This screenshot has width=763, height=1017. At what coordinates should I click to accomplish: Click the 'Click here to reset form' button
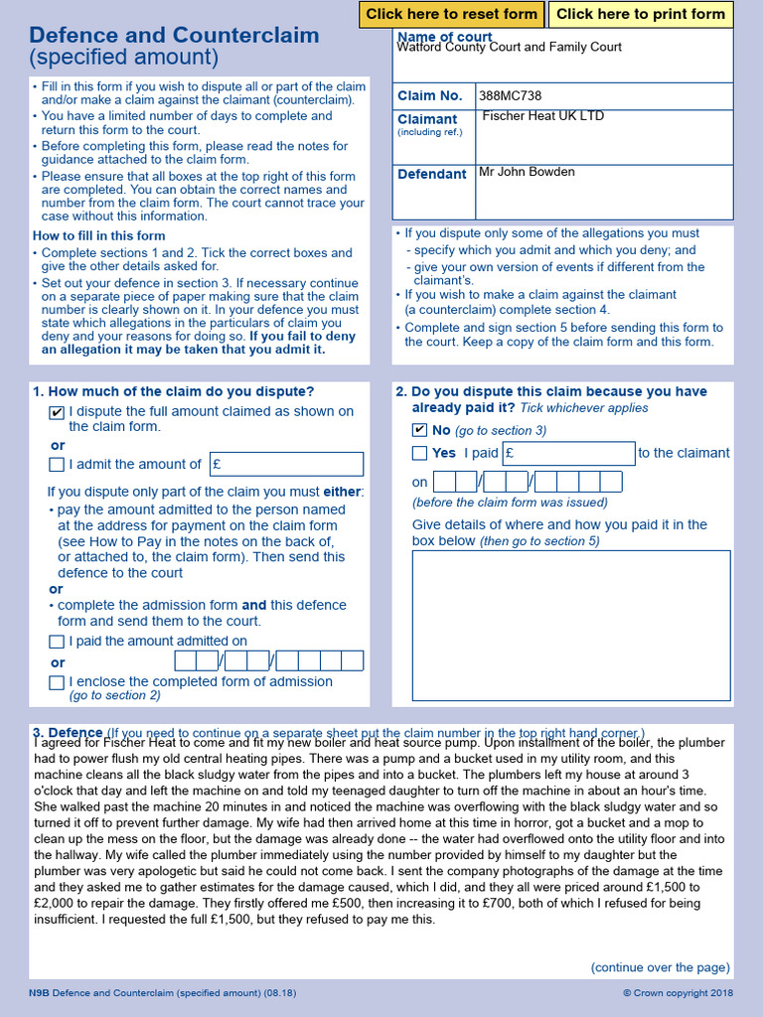pos(451,14)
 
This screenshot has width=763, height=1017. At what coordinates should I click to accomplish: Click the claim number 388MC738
pos(510,96)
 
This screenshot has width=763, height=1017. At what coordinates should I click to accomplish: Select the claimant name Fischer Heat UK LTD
pos(542,116)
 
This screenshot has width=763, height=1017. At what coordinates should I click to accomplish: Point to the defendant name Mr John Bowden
pos(527,172)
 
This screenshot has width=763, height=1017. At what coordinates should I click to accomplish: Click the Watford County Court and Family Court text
pos(509,47)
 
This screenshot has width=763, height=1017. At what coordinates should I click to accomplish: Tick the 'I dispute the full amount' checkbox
pos(57,412)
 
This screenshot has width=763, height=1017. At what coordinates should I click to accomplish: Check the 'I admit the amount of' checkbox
pos(57,465)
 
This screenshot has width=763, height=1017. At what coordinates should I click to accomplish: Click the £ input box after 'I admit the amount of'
pos(286,464)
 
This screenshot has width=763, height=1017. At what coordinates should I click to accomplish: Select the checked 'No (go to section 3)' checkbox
pos(419,431)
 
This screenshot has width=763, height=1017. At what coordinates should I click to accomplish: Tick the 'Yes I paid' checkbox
pos(419,454)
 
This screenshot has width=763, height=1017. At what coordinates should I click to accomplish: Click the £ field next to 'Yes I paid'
pos(567,454)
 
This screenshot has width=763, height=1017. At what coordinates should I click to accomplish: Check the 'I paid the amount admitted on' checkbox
pos(57,642)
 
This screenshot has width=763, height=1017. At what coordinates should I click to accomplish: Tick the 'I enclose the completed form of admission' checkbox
pos(57,682)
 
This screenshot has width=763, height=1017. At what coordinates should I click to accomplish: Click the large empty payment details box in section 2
pos(571,626)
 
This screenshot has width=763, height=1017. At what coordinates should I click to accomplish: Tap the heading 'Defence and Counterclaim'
pos(176,36)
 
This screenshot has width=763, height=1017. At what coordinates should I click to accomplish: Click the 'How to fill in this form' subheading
pos(98,236)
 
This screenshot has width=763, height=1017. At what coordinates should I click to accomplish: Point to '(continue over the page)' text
pos(660,967)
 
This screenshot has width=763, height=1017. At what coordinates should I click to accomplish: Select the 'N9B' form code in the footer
pos(39,993)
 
